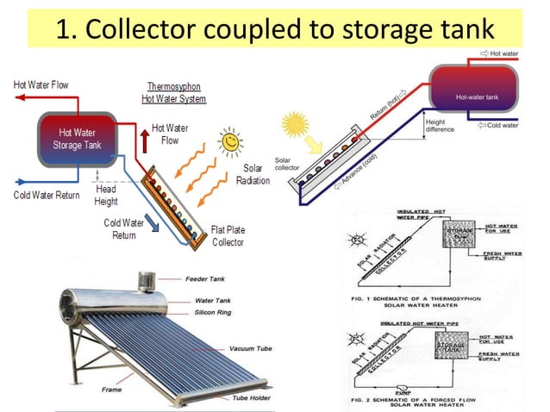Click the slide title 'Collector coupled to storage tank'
(x=275, y=30)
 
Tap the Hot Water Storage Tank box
(x=78, y=139)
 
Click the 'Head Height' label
(x=106, y=195)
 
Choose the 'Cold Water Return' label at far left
(x=47, y=195)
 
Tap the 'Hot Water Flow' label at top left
(x=41, y=84)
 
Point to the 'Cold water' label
(x=503, y=126)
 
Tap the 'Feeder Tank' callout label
(x=206, y=279)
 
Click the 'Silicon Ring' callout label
(x=205, y=311)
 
